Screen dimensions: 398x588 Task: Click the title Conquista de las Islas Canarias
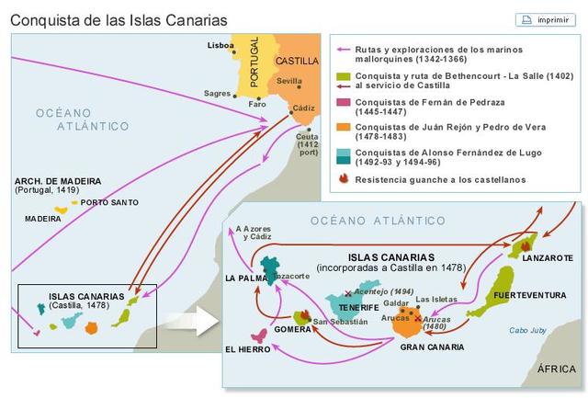(119, 19)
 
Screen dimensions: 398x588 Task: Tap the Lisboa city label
(220, 44)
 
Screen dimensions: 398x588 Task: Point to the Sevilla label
(288, 81)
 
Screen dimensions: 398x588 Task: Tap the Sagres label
(218, 93)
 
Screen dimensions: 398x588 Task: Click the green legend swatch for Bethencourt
(344, 76)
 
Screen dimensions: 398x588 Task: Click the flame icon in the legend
(344, 179)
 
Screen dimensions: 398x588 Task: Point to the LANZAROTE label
(547, 258)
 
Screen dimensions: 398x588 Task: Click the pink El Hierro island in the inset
(260, 335)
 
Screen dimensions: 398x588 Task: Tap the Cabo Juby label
(528, 331)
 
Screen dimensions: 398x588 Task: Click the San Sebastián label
(340, 322)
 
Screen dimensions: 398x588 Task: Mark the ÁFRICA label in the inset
(557, 369)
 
